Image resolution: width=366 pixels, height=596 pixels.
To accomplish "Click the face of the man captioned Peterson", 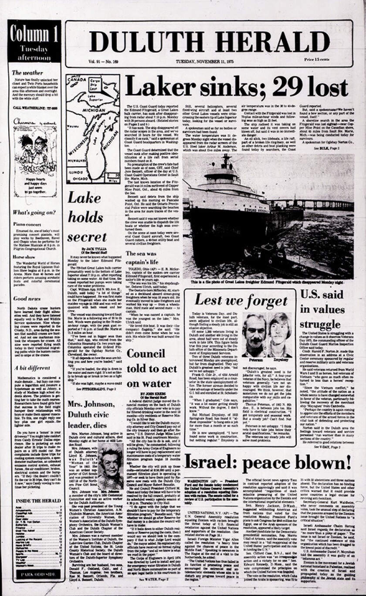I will click(254, 336).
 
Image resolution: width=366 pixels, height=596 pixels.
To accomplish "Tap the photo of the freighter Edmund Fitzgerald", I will click(268, 216).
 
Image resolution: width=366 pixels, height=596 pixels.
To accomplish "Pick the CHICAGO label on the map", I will click(80, 178).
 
